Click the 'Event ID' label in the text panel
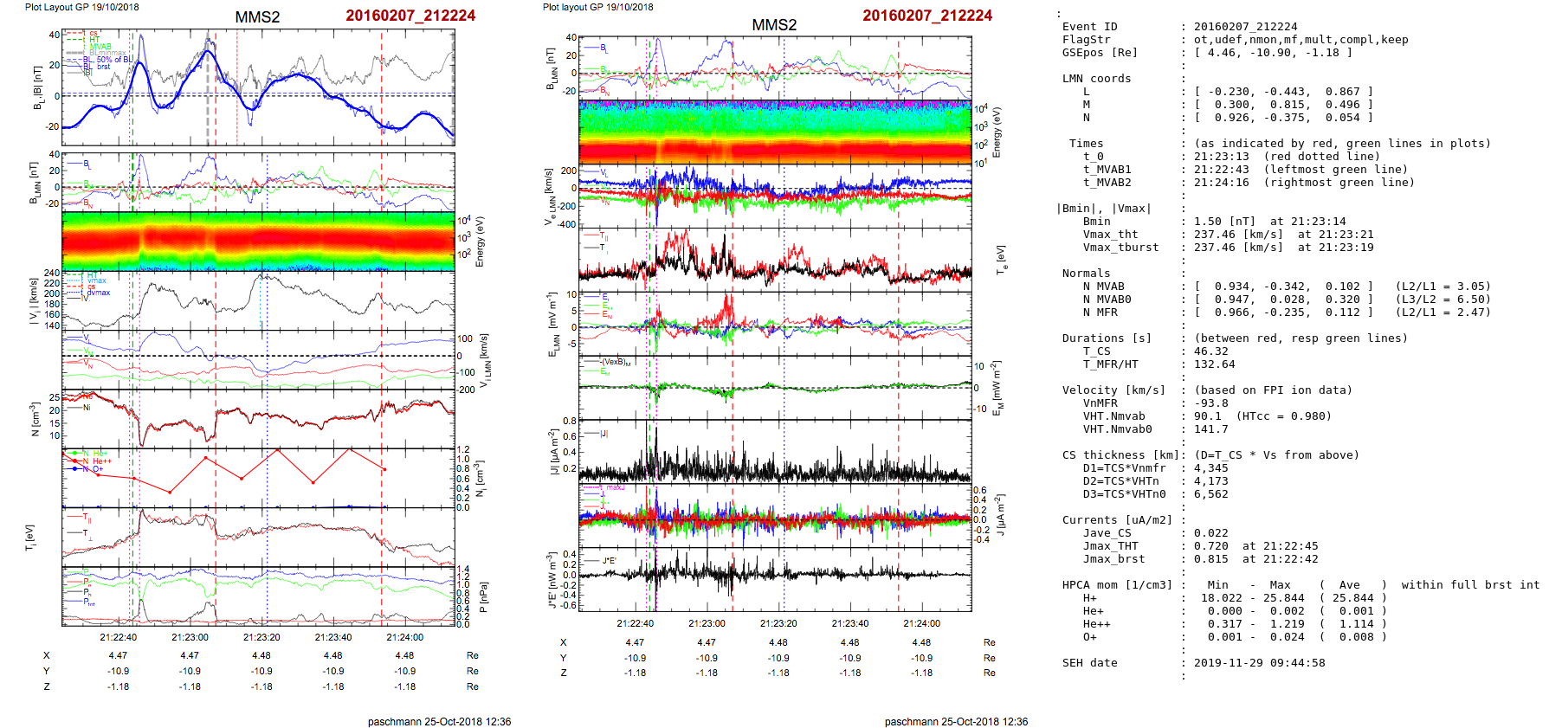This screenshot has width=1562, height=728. pyautogui.click(x=1089, y=27)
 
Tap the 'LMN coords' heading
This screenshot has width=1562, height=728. pyautogui.click(x=1096, y=79)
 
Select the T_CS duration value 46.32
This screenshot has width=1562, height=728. pyautogui.click(x=1210, y=351)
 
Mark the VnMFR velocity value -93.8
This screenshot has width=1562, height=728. pyautogui.click(x=1210, y=403)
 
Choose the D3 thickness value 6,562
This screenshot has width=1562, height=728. pyautogui.click(x=1210, y=494)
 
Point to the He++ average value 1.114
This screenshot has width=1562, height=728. pyautogui.click(x=1356, y=624)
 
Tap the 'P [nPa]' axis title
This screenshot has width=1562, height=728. pyautogui.click(x=483, y=597)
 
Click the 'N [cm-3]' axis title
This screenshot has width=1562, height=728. pyautogui.click(x=35, y=419)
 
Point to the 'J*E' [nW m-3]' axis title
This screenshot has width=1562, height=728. pyautogui.click(x=550, y=580)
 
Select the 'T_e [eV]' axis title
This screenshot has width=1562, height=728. pyautogui.click(x=1002, y=259)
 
